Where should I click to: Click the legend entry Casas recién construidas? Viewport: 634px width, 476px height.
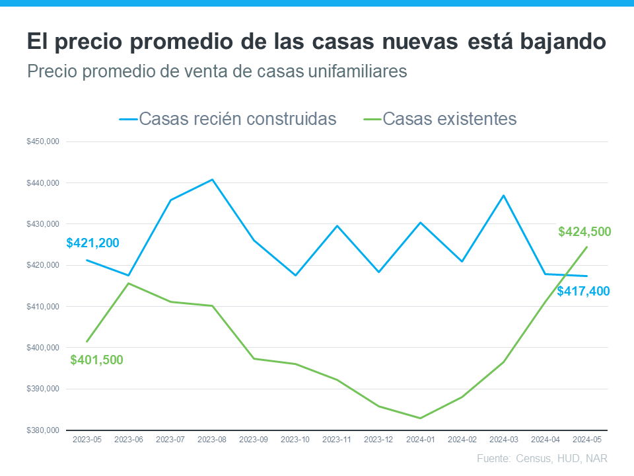point(229,119)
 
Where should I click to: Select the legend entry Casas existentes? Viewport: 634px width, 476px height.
point(440,119)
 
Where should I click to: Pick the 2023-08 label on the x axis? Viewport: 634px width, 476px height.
point(212,439)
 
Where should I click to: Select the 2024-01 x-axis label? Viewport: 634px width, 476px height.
point(420,439)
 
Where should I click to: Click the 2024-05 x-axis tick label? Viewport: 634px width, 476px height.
point(586,439)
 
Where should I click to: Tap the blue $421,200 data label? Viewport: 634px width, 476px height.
point(93,243)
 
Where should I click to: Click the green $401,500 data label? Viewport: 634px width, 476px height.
point(96,360)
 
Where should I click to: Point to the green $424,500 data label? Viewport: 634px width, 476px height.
point(584,232)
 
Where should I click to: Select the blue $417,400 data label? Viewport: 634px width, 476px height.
point(583,291)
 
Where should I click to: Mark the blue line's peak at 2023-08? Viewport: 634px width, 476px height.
point(212,179)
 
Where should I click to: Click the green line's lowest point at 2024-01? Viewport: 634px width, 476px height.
point(420,418)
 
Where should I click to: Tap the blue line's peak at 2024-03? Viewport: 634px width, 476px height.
point(503,195)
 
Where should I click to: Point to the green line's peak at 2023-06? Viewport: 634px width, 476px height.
point(129,283)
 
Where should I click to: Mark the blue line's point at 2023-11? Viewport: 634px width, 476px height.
point(337,225)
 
